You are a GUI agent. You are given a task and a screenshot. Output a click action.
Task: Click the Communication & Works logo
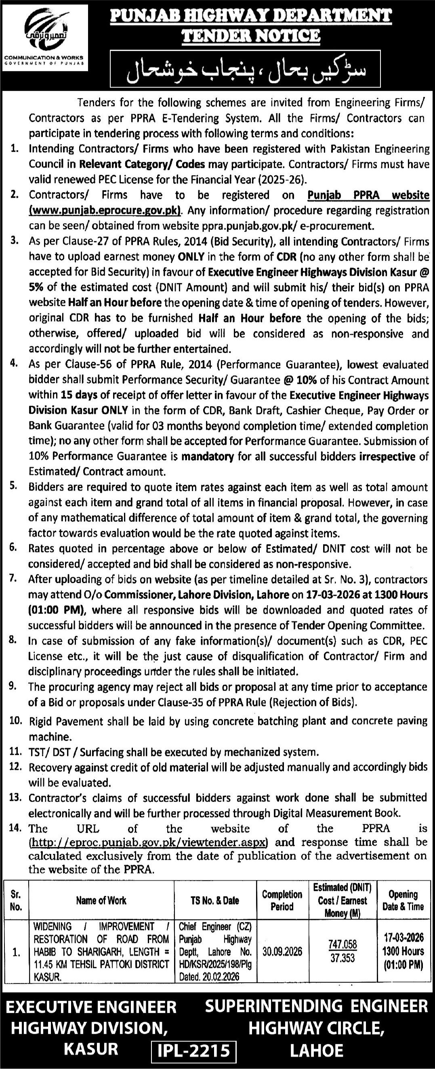(44, 38)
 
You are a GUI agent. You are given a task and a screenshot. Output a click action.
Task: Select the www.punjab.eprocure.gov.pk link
(105, 210)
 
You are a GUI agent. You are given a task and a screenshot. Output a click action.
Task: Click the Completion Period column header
(282, 900)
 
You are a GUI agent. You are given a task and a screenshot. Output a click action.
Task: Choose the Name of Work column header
(101, 900)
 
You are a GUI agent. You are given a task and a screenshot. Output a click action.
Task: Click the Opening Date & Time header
(403, 900)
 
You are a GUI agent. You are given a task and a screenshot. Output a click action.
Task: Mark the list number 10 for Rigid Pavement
(15, 721)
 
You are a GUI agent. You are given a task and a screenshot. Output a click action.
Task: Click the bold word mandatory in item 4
(208, 457)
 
